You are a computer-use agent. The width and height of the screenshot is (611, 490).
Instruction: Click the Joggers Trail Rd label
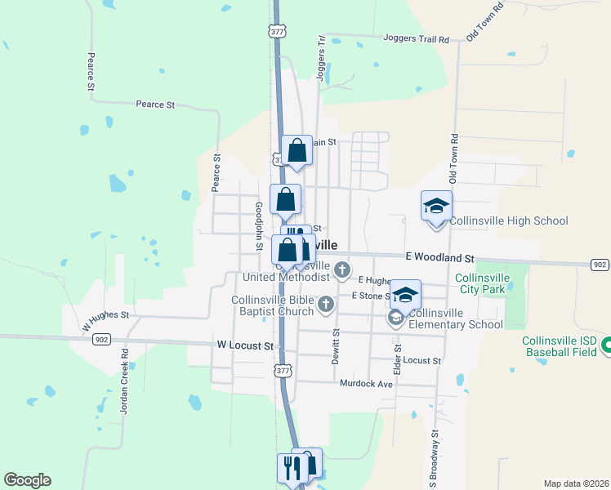coord(417,38)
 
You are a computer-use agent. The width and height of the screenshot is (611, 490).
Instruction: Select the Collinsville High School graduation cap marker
coord(436,206)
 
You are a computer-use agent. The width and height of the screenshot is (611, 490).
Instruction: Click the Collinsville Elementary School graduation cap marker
coord(405,295)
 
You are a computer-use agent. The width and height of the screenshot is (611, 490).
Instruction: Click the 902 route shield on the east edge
coord(600,264)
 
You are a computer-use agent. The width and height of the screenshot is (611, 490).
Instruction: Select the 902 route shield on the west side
coord(101,339)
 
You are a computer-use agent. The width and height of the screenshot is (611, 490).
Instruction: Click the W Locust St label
coord(245,346)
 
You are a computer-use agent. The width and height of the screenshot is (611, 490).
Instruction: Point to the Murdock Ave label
coord(366,383)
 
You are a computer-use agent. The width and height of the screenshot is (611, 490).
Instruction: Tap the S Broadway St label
coord(435,457)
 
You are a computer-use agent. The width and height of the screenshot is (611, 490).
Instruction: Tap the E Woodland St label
coord(439,256)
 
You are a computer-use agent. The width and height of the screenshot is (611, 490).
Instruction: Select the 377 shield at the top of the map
coord(277,31)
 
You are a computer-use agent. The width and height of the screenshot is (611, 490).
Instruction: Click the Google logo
coord(27,480)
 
